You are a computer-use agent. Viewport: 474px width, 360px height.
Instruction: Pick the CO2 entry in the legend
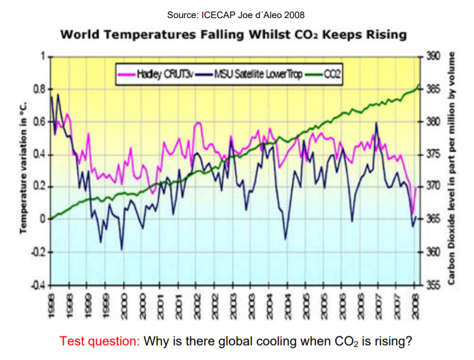(331, 74)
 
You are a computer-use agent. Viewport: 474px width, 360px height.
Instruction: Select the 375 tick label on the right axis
(433, 154)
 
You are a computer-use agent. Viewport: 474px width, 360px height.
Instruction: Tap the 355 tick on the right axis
(433, 285)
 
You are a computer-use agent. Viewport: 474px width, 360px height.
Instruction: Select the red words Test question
(100, 341)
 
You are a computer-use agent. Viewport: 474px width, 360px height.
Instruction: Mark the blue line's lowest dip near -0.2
(122, 249)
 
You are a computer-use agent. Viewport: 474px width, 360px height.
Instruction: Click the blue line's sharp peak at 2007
(376, 123)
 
